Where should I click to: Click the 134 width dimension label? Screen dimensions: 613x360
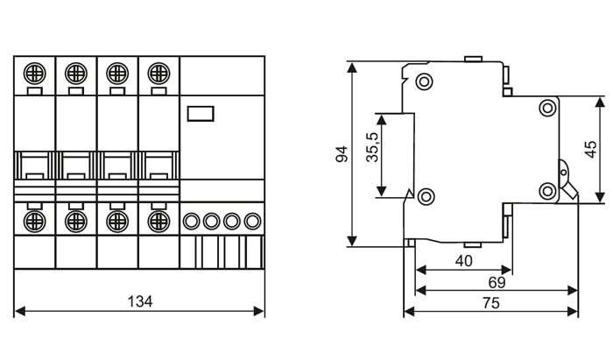[140, 301]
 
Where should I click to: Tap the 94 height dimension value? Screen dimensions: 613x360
[342, 154]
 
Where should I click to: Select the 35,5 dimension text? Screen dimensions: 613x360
[372, 147]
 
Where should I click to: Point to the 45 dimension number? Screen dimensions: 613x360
[590, 149]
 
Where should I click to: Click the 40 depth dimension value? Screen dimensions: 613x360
[463, 261]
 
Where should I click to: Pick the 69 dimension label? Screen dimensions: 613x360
[497, 282]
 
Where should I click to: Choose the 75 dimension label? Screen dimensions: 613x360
[491, 302]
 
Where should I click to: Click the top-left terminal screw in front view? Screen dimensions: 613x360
[34, 74]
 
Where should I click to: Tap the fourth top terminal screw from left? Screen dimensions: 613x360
[159, 74]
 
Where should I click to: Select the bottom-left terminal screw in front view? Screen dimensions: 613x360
[34, 222]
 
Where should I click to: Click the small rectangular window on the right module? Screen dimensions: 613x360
[201, 114]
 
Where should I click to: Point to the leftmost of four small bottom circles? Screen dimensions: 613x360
[191, 222]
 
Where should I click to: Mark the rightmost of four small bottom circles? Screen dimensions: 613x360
[252, 222]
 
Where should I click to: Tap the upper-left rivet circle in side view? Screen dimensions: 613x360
[424, 81]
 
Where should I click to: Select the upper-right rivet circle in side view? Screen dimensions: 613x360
[547, 108]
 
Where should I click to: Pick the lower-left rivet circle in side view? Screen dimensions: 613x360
[426, 196]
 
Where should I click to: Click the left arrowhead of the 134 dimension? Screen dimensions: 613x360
[19, 311]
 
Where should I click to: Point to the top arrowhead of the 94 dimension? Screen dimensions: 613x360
[352, 67]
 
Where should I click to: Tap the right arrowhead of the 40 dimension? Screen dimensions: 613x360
[507, 270]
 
